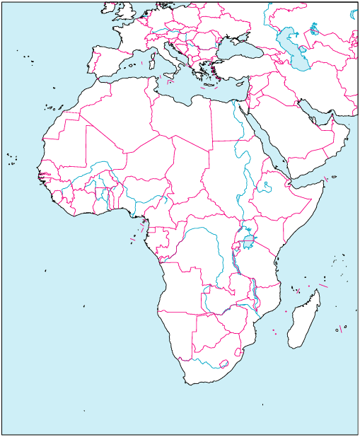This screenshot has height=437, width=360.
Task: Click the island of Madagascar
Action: click(305, 322)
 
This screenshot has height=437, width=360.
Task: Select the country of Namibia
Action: click(177, 332)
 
